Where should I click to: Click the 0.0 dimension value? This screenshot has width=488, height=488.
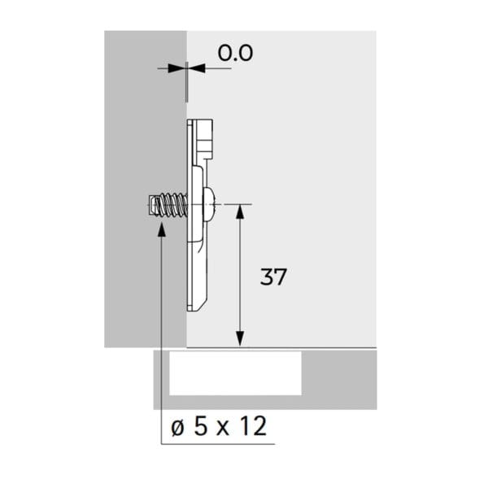click(x=235, y=53)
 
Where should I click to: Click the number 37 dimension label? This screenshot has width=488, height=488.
click(x=273, y=277)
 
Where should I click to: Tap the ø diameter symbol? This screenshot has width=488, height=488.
click(x=177, y=428)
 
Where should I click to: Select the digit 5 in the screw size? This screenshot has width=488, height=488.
click(x=200, y=425)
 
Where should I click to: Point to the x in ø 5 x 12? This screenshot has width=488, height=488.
click(x=223, y=429)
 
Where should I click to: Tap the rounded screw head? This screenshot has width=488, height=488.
click(x=207, y=204)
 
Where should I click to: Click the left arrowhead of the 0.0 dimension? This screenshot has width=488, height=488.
click(x=174, y=68)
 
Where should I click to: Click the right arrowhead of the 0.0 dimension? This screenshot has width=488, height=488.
click(x=198, y=68)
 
